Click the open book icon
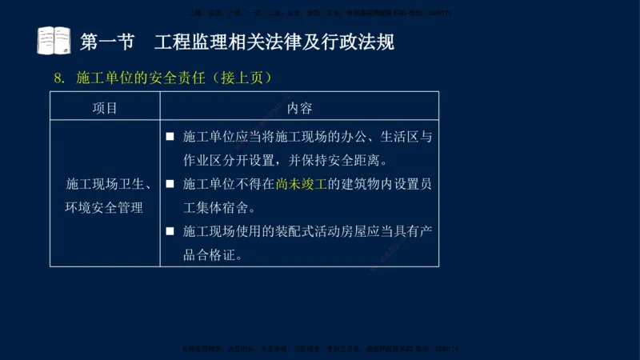[x=54, y=41]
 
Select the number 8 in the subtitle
[x=57, y=78]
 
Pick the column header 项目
[x=105, y=108]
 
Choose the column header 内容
[x=299, y=108]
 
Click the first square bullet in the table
[x=170, y=137]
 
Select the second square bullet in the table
[x=170, y=184]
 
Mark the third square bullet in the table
[x=170, y=232]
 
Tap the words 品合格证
[x=212, y=256]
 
